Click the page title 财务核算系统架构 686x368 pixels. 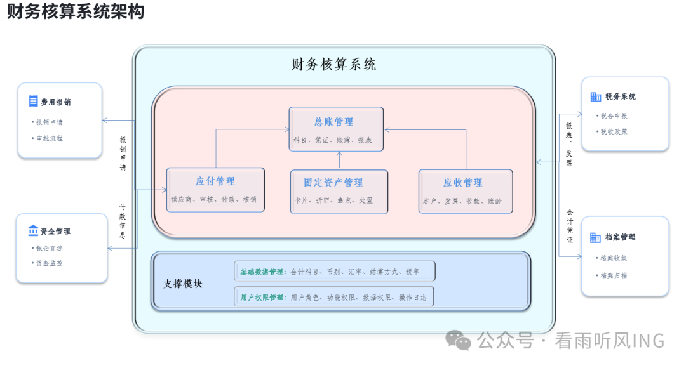76,12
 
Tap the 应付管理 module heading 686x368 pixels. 215,181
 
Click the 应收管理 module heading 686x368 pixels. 462,183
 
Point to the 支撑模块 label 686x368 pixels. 184,284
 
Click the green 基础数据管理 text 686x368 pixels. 262,272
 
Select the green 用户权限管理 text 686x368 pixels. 262,297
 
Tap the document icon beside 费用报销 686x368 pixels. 33,102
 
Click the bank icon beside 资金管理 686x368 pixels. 33,231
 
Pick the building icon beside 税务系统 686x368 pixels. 595,96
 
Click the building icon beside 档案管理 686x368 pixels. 595,237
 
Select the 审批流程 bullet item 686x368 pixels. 50,138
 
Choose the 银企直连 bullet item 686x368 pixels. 50,248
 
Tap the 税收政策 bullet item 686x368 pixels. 614,131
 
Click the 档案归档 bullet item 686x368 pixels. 614,275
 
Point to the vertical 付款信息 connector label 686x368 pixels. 123,220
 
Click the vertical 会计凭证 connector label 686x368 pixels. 569,226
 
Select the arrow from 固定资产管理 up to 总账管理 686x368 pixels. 339,160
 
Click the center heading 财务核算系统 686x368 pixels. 333,65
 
